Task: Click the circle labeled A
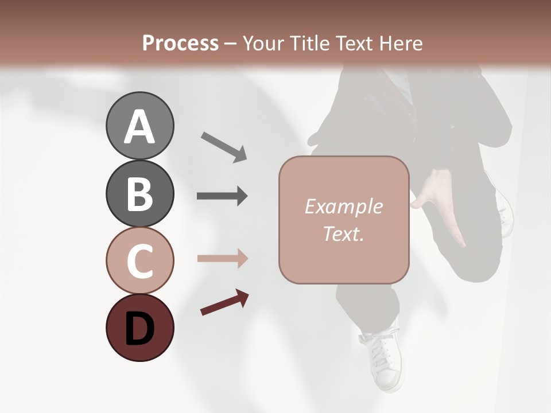pyautogui.click(x=139, y=126)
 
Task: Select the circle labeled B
pyautogui.click(x=139, y=193)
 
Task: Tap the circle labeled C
pyautogui.click(x=139, y=261)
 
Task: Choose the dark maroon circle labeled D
pyautogui.click(x=139, y=328)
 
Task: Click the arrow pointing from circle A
pyautogui.click(x=224, y=147)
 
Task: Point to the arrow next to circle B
pyautogui.click(x=222, y=196)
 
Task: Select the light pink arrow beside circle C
pyautogui.click(x=222, y=259)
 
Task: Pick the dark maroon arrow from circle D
pyautogui.click(x=224, y=302)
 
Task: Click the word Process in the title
pyautogui.click(x=180, y=44)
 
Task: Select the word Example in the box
pyautogui.click(x=343, y=206)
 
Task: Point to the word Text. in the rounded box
pyautogui.click(x=343, y=233)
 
